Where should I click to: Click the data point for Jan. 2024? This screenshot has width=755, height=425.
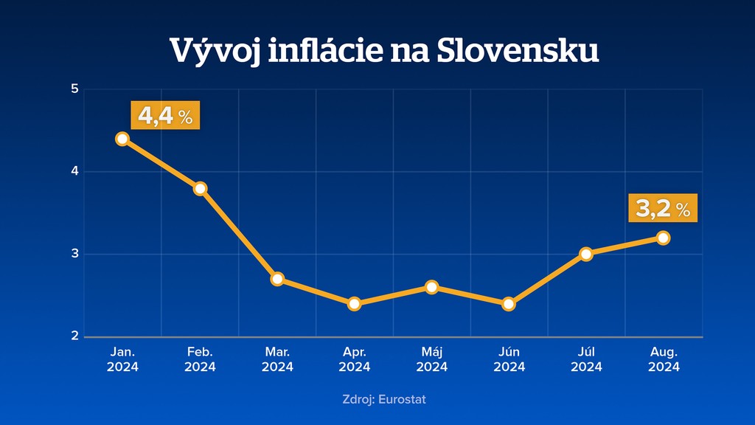[122, 139]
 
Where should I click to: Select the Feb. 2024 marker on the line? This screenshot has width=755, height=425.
[200, 189]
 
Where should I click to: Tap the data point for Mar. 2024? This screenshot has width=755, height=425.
[277, 279]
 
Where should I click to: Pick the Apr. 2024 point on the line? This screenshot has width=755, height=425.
[355, 304]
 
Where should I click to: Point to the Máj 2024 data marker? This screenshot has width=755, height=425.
[432, 287]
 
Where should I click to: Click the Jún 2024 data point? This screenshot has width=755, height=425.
[509, 304]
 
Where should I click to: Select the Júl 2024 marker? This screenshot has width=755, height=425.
[586, 254]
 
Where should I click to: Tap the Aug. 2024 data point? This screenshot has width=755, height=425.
[664, 238]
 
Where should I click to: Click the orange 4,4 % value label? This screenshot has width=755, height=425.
[165, 116]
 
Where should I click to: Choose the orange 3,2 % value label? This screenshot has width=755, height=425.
[662, 209]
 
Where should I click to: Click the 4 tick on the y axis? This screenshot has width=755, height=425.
[75, 172]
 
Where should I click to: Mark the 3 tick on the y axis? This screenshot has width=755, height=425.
[75, 255]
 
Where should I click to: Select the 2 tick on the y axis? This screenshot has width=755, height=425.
[75, 336]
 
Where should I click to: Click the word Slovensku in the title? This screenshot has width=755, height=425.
[517, 51]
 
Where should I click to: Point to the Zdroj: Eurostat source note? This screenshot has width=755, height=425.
[384, 400]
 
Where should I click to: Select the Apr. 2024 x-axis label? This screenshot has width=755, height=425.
[355, 359]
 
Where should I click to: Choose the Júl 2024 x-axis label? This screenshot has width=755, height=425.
[586, 359]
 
